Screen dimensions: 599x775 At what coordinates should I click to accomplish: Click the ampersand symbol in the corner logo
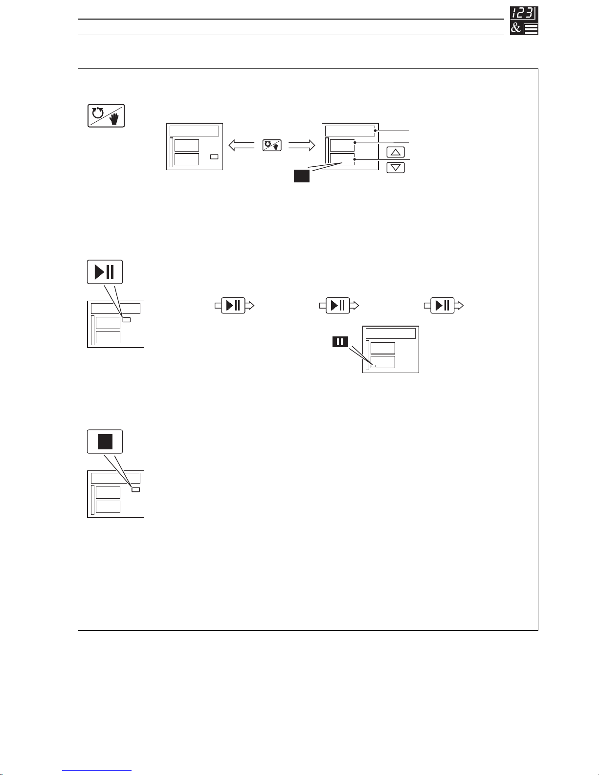(516, 28)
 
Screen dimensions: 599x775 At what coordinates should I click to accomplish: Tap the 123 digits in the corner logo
(524, 13)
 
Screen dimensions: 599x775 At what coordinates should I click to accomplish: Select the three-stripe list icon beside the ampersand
(531, 29)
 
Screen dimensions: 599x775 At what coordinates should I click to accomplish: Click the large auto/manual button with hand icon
(106, 116)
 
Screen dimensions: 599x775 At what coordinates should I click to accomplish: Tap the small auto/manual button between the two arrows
(272, 145)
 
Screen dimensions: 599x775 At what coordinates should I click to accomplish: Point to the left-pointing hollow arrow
(242, 145)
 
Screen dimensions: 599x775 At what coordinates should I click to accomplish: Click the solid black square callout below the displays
(302, 176)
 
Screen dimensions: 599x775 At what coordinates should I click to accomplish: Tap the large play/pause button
(105, 272)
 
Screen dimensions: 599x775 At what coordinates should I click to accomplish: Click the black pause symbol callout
(340, 342)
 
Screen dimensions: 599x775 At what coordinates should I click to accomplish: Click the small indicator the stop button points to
(136, 489)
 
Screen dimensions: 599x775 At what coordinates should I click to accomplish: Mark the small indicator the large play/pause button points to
(127, 320)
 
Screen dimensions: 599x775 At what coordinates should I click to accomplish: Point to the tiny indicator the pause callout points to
(374, 366)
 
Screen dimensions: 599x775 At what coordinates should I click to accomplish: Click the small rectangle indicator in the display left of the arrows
(214, 157)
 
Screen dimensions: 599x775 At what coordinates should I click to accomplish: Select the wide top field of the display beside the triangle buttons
(350, 131)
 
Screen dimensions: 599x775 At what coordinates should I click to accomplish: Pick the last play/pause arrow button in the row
(443, 306)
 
